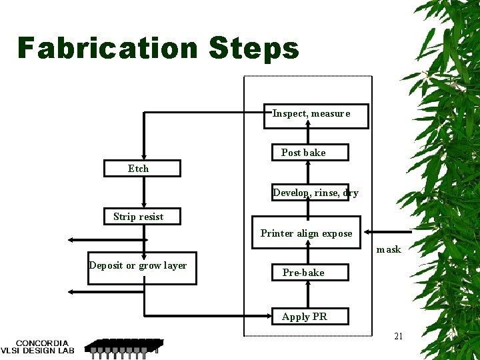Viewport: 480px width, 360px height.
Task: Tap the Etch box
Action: pyautogui.click(x=142, y=168)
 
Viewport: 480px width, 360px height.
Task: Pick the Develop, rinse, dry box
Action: pyautogui.click(x=310, y=193)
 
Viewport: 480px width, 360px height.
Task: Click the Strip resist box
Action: pyautogui.click(x=142, y=216)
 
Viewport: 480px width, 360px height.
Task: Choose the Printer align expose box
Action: pyautogui.click(x=306, y=233)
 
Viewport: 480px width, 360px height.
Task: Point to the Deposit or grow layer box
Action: pyautogui.click(x=142, y=268)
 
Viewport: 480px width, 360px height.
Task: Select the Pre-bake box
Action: pyautogui.click(x=307, y=272)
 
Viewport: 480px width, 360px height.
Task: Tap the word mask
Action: pyautogui.click(x=389, y=249)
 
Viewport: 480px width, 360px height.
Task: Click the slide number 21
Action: pyautogui.click(x=398, y=336)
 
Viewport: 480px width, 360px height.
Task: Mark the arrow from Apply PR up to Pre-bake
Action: pyautogui.click(x=307, y=294)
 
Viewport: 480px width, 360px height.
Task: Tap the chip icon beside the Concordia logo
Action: pyautogui.click(x=123, y=347)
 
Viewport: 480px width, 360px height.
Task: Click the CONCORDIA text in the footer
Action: pyautogui.click(x=41, y=343)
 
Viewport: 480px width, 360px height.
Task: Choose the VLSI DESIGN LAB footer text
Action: pyautogui.click(x=41, y=351)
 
